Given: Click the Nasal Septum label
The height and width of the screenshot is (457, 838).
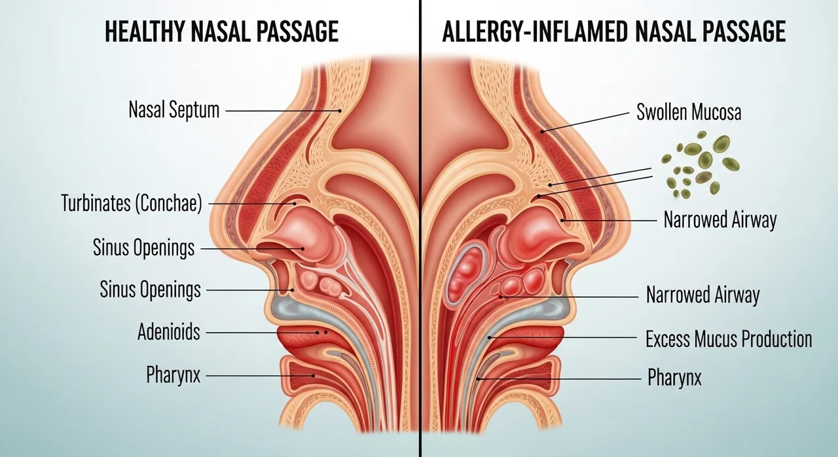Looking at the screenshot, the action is [174, 111].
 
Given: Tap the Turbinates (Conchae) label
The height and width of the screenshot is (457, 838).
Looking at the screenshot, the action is [132, 203].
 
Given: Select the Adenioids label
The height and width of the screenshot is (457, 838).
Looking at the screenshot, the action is [169, 332].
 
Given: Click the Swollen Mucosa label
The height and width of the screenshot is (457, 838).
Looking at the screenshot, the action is [689, 112].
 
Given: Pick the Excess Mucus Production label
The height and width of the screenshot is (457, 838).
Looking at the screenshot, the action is [729, 339].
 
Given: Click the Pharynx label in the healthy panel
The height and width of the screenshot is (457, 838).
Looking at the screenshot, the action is [173, 375].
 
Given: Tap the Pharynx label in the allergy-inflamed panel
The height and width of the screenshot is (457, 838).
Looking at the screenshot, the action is [674, 377].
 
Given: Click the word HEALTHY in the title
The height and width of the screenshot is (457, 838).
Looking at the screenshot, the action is [145, 32].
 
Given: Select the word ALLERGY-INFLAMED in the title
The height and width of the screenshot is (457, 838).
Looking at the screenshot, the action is [535, 32].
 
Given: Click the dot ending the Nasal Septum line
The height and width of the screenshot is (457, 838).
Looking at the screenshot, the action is [340, 111].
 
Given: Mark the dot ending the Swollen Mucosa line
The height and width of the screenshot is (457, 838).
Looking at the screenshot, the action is [541, 132].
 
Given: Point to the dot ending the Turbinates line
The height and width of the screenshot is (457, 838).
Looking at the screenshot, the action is [295, 204].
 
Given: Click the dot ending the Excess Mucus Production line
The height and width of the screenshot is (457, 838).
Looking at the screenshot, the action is [489, 338].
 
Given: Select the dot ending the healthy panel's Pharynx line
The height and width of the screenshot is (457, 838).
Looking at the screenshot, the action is [314, 376].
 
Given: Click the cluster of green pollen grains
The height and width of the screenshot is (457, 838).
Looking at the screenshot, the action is [701, 164].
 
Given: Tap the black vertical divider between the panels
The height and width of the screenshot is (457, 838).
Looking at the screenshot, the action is [421, 228].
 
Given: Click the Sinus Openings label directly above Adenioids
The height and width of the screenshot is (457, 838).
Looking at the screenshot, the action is [150, 290].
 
